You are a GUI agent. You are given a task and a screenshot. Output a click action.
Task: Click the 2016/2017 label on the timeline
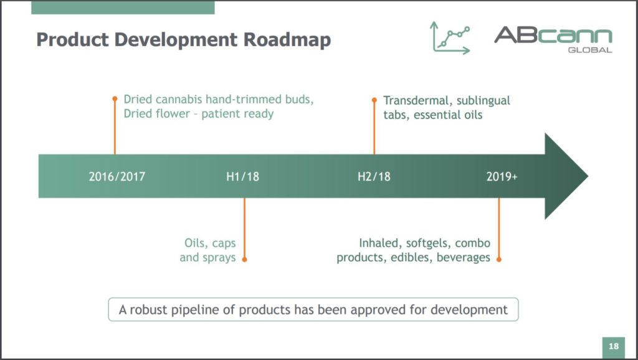[117, 176]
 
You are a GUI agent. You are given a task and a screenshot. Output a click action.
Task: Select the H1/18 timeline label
[242, 176]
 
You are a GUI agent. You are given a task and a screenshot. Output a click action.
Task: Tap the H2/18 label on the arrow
[374, 176]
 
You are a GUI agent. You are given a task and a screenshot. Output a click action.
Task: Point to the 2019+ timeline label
[502, 176]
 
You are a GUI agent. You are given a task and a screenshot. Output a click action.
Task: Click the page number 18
[614, 346]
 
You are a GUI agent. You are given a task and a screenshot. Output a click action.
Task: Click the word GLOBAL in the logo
[590, 50]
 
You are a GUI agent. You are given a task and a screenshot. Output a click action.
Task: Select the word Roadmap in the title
[287, 40]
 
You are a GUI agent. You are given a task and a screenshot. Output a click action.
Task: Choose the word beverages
[464, 257]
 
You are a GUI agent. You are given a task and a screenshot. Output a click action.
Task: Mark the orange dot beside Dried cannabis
[115, 99]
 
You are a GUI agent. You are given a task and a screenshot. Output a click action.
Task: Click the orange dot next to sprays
[244, 259]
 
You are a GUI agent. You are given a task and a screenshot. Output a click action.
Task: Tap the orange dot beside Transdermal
[374, 100]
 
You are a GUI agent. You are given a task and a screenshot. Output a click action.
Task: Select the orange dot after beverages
[499, 259]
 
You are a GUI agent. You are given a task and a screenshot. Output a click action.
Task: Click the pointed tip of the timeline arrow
[588, 176]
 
